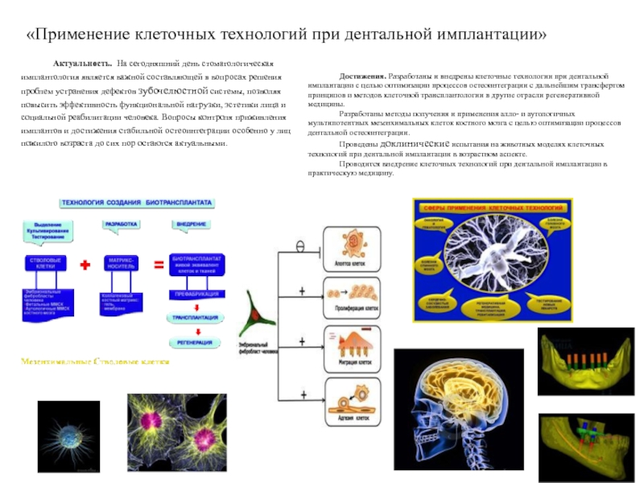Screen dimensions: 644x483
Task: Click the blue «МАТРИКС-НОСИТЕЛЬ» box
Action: click(x=121, y=264)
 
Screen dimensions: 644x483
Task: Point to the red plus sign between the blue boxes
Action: click(x=85, y=264)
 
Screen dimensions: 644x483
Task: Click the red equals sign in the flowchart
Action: click(x=159, y=264)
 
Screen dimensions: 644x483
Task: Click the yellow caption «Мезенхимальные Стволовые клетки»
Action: click(x=95, y=363)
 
